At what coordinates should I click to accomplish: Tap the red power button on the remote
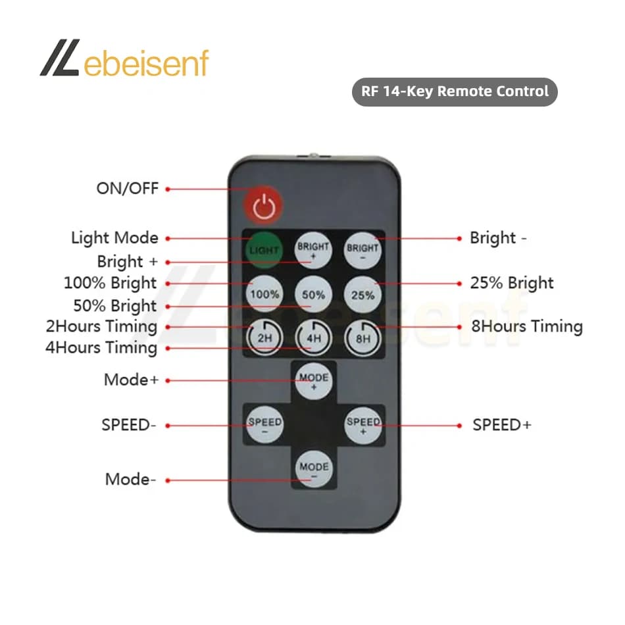coord(263,205)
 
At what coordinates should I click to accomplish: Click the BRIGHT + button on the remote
coord(313,250)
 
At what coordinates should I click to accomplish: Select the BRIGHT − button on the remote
coord(362,250)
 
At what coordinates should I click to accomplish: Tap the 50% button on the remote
coord(313,294)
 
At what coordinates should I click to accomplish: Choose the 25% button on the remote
coord(362,295)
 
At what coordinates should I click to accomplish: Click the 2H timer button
coord(264,337)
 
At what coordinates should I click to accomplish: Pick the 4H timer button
coord(314,338)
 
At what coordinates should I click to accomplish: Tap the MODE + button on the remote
coord(314,381)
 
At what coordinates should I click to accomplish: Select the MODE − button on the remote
coord(314,468)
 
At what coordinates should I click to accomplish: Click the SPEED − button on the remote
coord(264,425)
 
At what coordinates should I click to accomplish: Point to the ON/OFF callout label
coord(128,189)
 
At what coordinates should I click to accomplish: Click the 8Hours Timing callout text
coord(527,326)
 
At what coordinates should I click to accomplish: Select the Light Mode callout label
coord(114,238)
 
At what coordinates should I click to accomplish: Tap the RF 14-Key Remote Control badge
coord(455,91)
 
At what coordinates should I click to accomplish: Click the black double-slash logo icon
coord(60,57)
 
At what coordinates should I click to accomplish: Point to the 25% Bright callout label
coord(512,283)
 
